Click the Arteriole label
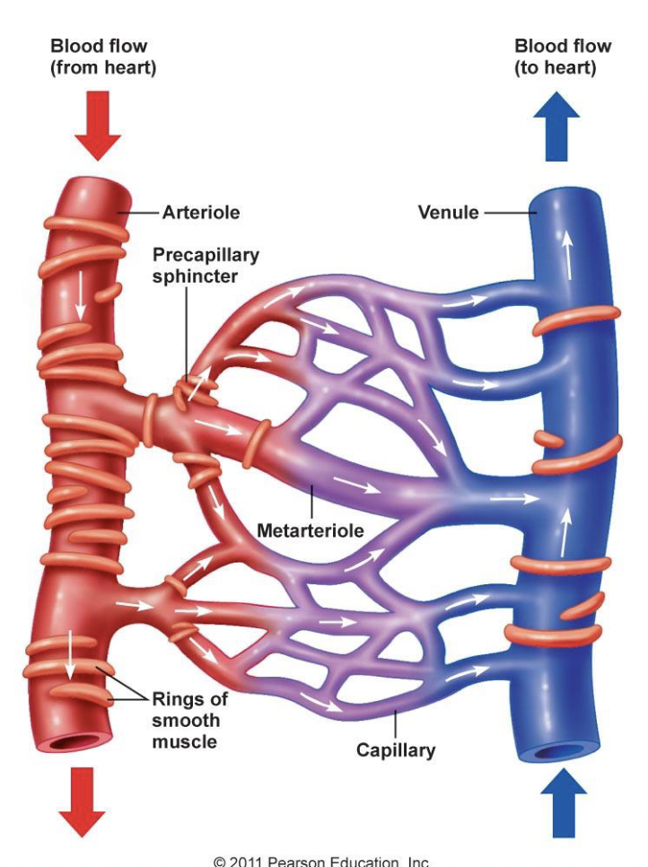coord(200,214)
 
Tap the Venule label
coord(448,214)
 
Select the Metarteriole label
coord(311,530)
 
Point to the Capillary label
coord(396,750)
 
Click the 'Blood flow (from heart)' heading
coord(103,57)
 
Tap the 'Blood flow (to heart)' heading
coord(563,57)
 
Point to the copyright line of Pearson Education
coord(322,861)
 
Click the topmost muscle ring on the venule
coord(575,320)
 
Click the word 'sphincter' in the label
coord(195,276)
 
